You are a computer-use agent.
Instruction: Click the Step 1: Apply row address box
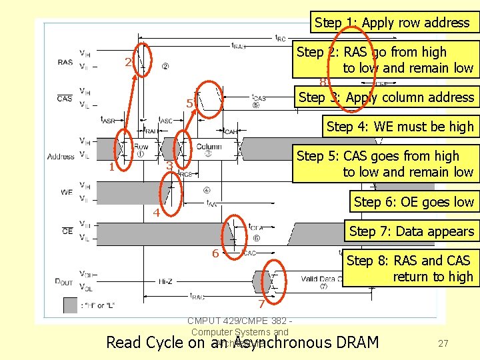[392, 23]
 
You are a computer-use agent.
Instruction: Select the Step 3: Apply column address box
[386, 97]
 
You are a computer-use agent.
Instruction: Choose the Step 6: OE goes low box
[413, 202]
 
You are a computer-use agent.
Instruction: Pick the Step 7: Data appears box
[411, 231]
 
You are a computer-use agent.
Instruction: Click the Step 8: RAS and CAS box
[411, 269]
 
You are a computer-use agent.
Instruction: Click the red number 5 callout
[190, 104]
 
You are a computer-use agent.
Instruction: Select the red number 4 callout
[155, 213]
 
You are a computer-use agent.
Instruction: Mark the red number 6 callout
[215, 253]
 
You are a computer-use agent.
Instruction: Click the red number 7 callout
[262, 305]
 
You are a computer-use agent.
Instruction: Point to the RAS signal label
[65, 62]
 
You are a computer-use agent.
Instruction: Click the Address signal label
[61, 157]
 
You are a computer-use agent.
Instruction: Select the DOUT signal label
[63, 283]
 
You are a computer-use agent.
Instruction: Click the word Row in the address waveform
[141, 147]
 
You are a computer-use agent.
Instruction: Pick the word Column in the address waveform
[209, 147]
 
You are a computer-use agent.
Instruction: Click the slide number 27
[443, 343]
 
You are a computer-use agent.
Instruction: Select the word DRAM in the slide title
[356, 343]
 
